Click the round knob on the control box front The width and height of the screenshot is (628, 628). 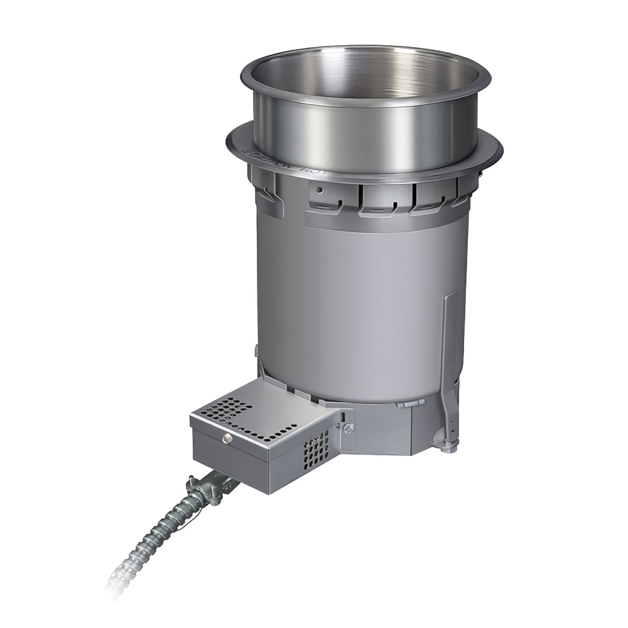227,438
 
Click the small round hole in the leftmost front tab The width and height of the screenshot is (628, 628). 320,189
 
